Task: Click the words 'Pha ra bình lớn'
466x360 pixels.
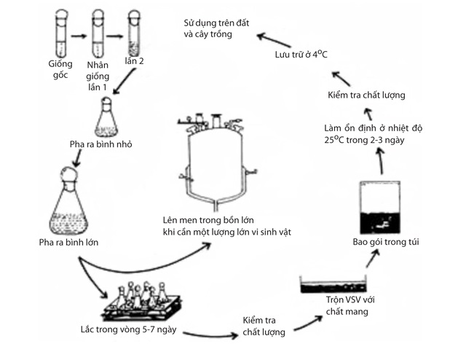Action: (x=70, y=242)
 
